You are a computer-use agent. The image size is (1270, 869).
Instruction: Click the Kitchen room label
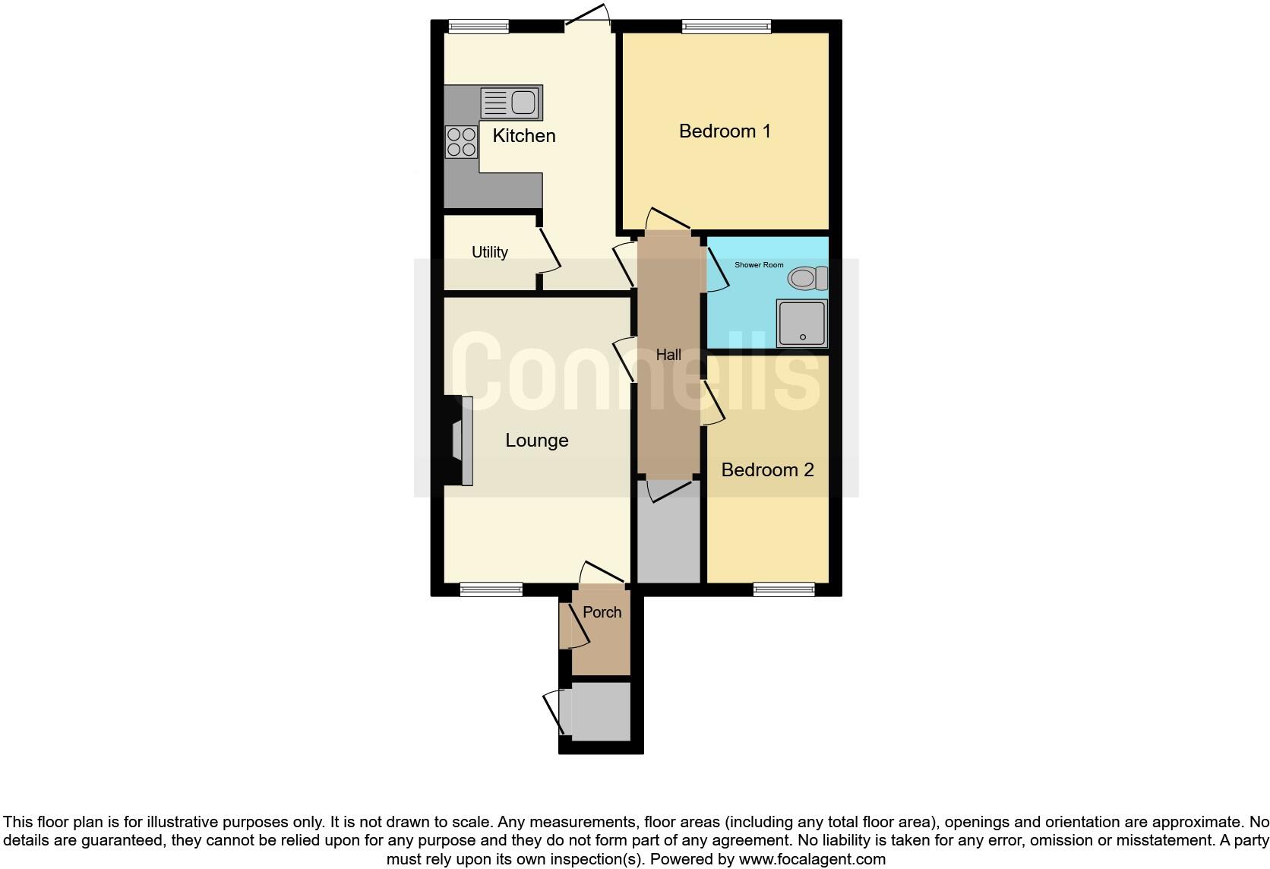(524, 136)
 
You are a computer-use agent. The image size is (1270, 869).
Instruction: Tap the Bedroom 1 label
(725, 131)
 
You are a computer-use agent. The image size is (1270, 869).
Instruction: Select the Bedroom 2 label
(767, 470)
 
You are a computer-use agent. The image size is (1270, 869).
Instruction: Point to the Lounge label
(537, 441)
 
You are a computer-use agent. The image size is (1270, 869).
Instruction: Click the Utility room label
(490, 252)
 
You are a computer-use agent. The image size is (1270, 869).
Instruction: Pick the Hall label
(668, 355)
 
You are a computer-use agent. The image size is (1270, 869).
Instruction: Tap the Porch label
(602, 612)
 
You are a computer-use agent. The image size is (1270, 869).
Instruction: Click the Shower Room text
(759, 265)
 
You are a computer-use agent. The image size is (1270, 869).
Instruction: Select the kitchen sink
(511, 103)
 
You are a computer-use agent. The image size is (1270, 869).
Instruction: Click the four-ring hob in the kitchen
(461, 142)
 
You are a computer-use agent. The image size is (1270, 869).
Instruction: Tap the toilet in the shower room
(807, 278)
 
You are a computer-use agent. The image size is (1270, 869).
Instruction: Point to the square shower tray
(801, 324)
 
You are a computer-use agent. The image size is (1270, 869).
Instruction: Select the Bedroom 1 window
(726, 27)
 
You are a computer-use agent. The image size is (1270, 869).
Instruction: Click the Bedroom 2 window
(785, 589)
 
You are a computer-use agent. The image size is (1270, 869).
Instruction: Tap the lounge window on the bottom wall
(491, 589)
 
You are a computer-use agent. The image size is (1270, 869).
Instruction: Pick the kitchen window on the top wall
(479, 27)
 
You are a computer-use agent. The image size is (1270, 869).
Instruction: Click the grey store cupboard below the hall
(668, 536)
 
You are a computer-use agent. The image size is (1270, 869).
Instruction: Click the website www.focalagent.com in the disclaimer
(812, 860)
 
